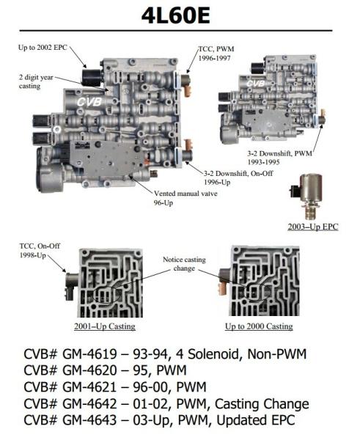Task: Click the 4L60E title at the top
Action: pos(176,15)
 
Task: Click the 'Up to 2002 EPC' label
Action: pos(43,48)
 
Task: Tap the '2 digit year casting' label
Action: pos(36,81)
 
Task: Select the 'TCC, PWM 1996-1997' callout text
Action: pos(216,54)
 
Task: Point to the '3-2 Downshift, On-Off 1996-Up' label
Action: pos(238,177)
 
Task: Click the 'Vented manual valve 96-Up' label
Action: pos(185,198)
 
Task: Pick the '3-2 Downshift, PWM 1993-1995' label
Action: pos(279,158)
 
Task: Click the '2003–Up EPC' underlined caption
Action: pos(313,227)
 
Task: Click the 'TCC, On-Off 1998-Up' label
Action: pos(40,251)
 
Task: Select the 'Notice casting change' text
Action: pos(184,264)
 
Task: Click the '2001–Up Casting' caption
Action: pos(105,326)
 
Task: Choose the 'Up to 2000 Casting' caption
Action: pos(259,326)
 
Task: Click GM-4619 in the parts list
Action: pos(89,354)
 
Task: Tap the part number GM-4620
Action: pos(89,370)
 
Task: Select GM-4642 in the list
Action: pos(89,404)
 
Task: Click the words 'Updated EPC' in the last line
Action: pos(256,420)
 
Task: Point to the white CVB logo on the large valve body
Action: pos(89,102)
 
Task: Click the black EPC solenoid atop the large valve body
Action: pos(92,77)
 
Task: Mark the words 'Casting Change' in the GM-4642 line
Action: pos(262,404)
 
